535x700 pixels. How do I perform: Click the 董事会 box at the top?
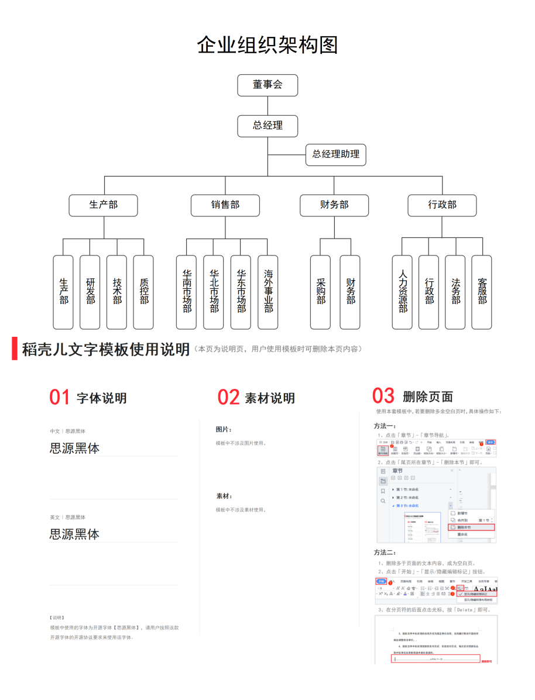point(267,85)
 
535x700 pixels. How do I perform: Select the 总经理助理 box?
point(335,154)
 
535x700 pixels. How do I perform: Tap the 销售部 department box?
point(225,205)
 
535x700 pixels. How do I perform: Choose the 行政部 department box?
point(442,205)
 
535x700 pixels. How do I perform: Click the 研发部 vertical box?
point(90,292)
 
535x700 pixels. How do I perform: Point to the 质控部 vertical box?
point(144,292)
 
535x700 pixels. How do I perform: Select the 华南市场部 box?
point(187,292)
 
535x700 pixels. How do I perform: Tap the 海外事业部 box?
point(268,292)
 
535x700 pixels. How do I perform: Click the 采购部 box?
point(321,292)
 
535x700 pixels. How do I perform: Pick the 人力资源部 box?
point(403,292)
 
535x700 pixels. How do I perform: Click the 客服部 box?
point(482,292)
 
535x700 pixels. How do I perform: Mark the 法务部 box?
point(455,292)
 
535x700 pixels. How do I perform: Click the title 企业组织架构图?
point(267,44)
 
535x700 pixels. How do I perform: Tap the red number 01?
point(60,398)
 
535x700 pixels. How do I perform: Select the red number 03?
point(383,396)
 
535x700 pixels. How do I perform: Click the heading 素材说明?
point(270,399)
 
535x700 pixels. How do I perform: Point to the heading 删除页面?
point(428,397)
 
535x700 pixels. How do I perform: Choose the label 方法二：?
point(385,553)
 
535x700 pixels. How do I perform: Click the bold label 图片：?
point(224,430)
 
